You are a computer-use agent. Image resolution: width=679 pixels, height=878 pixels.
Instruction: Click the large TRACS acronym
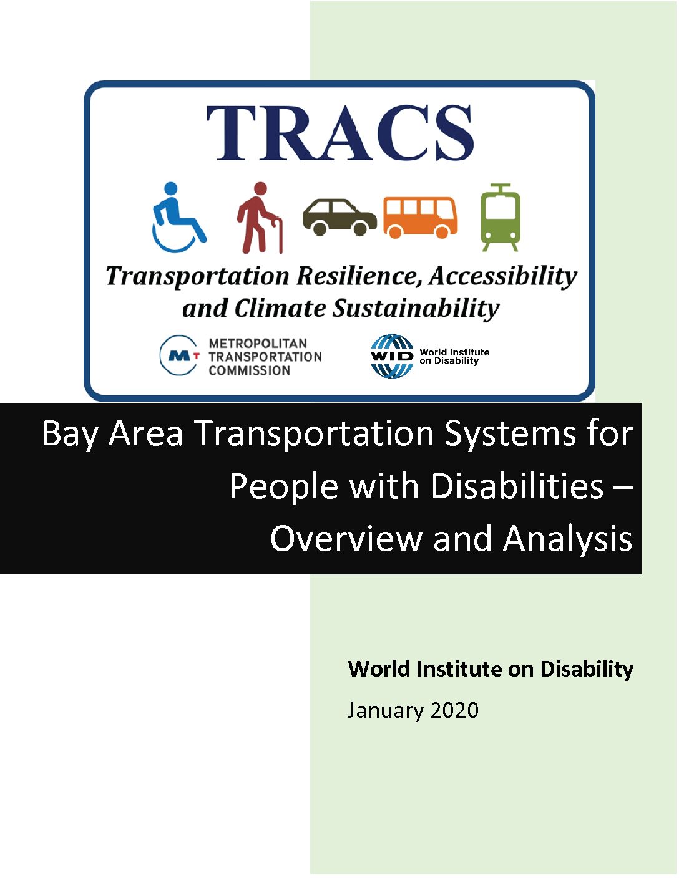(340, 133)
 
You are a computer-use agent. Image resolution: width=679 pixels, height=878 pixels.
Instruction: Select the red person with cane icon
(260, 218)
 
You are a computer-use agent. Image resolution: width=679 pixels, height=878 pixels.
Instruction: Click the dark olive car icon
(339, 217)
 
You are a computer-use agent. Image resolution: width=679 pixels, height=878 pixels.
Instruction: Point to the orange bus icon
(421, 218)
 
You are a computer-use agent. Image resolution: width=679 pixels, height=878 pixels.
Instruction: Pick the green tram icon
(501, 218)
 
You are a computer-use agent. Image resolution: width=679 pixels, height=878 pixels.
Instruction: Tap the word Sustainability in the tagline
(416, 310)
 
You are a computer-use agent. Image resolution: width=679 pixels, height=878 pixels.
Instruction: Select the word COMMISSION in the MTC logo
(250, 370)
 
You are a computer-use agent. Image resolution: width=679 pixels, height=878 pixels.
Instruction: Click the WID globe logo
(392, 356)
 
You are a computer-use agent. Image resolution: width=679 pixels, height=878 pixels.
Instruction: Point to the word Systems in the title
(509, 435)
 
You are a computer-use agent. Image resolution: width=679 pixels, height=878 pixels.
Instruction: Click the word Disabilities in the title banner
(517, 486)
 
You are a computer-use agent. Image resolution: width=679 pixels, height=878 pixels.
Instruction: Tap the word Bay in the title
(70, 435)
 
